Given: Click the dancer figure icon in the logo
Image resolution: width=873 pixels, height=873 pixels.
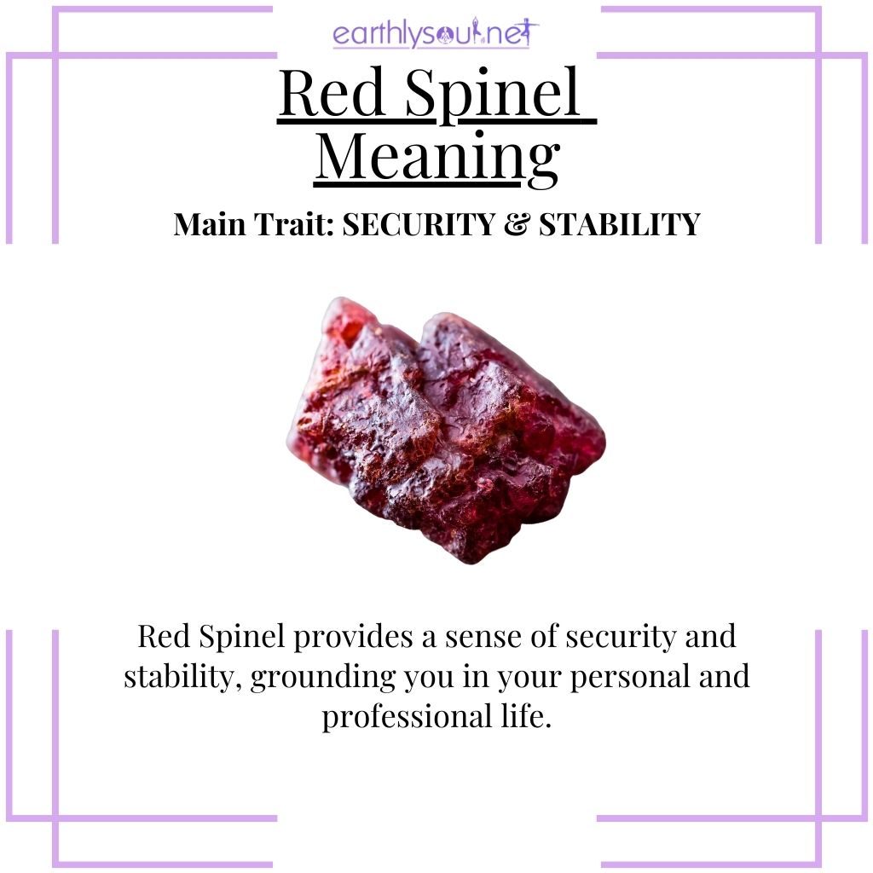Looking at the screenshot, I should pos(530,34).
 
